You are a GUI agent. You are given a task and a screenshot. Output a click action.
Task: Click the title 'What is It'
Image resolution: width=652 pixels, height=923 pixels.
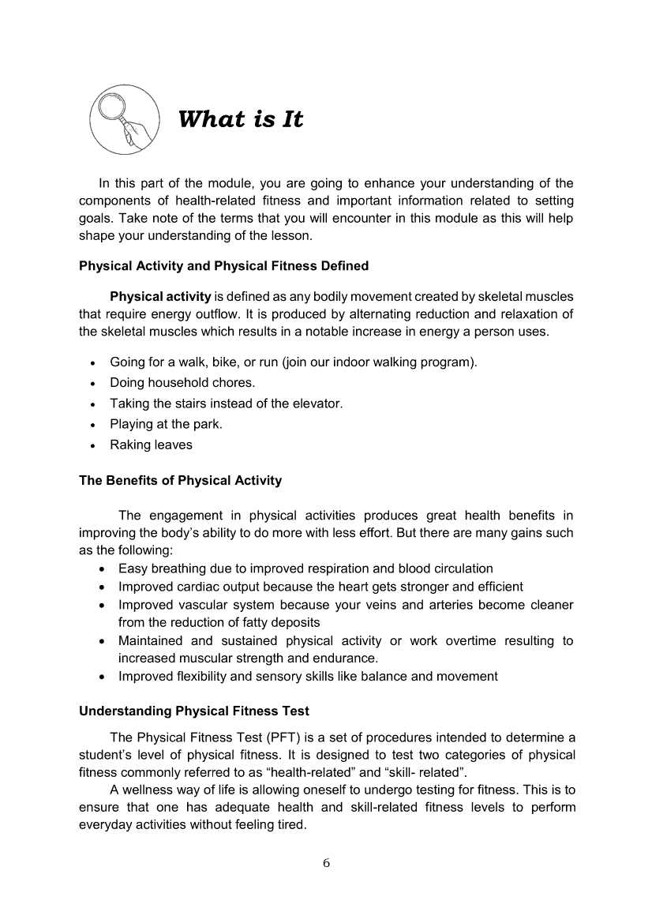[x=241, y=120]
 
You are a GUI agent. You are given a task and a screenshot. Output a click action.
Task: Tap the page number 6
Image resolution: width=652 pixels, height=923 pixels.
[x=326, y=862]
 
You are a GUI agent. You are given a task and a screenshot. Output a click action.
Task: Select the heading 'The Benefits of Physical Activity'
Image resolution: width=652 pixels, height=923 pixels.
[x=180, y=480]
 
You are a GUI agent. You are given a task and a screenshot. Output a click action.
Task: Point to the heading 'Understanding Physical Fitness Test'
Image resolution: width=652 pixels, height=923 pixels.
[x=194, y=711]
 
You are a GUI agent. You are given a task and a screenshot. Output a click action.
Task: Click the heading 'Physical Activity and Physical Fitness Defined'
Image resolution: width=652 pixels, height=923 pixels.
[x=223, y=266]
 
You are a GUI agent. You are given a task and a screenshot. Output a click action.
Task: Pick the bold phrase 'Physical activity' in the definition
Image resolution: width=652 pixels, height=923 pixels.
[x=160, y=297]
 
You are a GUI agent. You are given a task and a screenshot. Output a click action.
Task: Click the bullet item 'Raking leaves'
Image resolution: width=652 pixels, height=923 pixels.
[x=151, y=445]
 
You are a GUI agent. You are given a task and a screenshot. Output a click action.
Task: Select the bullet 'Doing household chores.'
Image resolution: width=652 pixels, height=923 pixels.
[x=182, y=383]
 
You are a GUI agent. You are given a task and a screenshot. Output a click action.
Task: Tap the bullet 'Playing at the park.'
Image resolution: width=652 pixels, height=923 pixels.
[x=166, y=424]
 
